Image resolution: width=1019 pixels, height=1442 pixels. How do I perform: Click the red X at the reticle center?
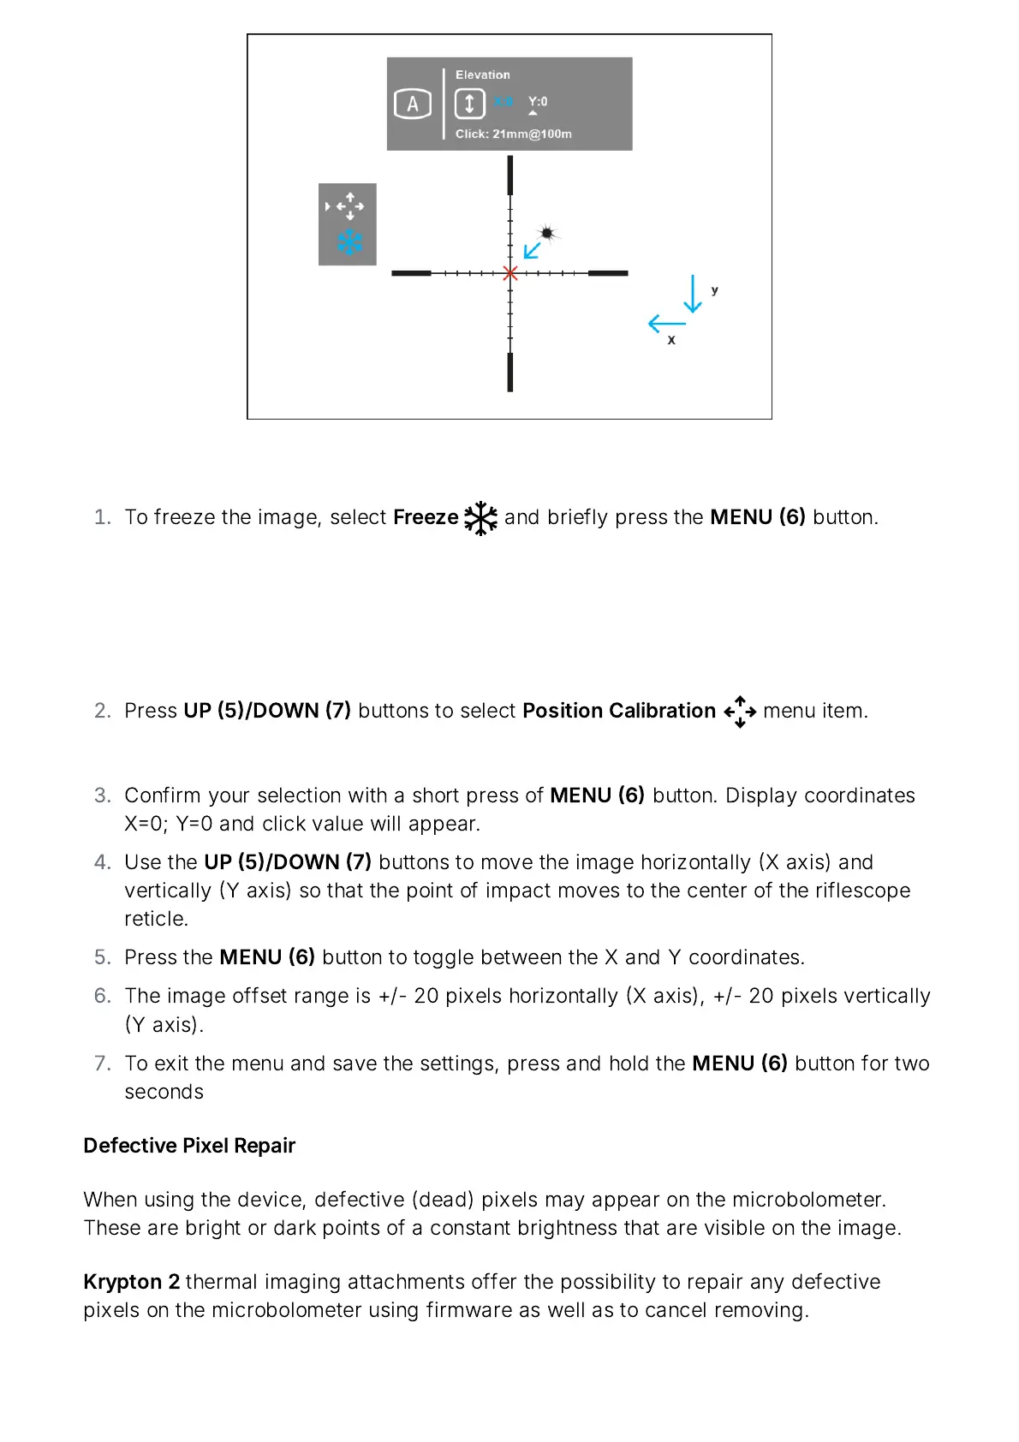pyautogui.click(x=510, y=273)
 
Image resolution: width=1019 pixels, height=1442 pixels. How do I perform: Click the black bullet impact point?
pyautogui.click(x=547, y=233)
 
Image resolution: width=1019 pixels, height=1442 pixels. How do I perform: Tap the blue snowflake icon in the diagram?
pyautogui.click(x=349, y=242)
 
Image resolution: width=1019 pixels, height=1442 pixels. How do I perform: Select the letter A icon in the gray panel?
pyautogui.click(x=412, y=104)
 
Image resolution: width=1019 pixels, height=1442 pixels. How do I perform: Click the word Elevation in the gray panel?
pyautogui.click(x=482, y=75)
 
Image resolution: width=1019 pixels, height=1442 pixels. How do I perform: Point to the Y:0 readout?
pyautogui.click(x=538, y=102)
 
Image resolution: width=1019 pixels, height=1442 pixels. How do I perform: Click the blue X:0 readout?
pyautogui.click(x=504, y=102)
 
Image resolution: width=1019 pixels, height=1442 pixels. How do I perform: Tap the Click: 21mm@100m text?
pyautogui.click(x=513, y=134)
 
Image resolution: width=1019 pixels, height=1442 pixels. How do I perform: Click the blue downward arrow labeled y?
pyautogui.click(x=692, y=294)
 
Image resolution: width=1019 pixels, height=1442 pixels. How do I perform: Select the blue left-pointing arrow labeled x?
pyautogui.click(x=667, y=324)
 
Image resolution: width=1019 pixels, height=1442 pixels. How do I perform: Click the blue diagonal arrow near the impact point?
pyautogui.click(x=533, y=249)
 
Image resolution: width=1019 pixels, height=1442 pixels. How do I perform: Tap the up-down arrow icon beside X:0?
pyautogui.click(x=469, y=104)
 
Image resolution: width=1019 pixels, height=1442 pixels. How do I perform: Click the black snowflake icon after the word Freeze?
pyautogui.click(x=480, y=518)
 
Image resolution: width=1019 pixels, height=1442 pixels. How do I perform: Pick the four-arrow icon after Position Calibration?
pyautogui.click(x=740, y=712)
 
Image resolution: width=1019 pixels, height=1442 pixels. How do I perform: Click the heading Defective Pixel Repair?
pyautogui.click(x=189, y=1146)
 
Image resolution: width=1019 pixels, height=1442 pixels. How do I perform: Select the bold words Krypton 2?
pyautogui.click(x=131, y=1282)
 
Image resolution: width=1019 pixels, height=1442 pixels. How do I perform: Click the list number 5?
pyautogui.click(x=102, y=957)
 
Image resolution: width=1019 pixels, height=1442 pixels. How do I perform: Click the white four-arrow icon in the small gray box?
pyautogui.click(x=349, y=206)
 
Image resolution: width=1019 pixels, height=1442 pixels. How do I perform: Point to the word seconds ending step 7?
pyautogui.click(x=164, y=1092)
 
